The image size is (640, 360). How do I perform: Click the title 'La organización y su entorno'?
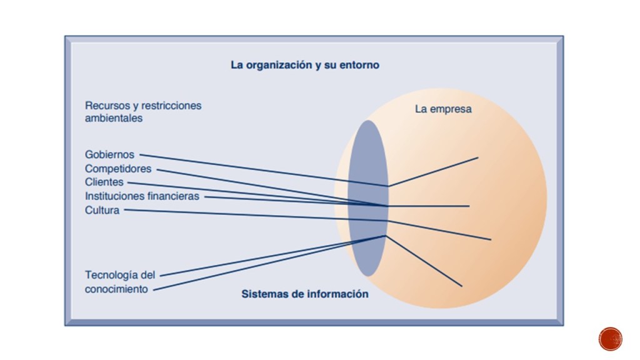pyautogui.click(x=305, y=65)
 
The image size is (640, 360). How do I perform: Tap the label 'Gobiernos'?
pyautogui.click(x=109, y=155)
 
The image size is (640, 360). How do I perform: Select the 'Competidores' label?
pyautogui.click(x=118, y=169)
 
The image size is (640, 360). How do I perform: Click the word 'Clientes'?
pyautogui.click(x=104, y=182)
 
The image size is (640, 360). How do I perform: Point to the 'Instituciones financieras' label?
pyautogui.click(x=142, y=196)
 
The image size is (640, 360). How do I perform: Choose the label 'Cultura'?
pyautogui.click(x=102, y=210)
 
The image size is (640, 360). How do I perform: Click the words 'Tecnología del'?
pyautogui.click(x=119, y=275)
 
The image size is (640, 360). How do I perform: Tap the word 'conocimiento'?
pyautogui.click(x=116, y=289)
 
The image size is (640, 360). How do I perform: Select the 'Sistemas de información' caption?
pyautogui.click(x=305, y=294)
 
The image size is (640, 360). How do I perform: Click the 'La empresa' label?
pyautogui.click(x=443, y=109)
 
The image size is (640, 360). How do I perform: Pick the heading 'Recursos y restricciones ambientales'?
pyautogui.click(x=143, y=111)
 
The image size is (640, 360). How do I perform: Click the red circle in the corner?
pyautogui.click(x=610, y=339)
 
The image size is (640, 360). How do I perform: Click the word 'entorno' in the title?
pyautogui.click(x=360, y=65)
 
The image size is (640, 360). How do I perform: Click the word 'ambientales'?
pyautogui.click(x=114, y=117)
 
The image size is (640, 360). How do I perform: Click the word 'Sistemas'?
pyautogui.click(x=264, y=294)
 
